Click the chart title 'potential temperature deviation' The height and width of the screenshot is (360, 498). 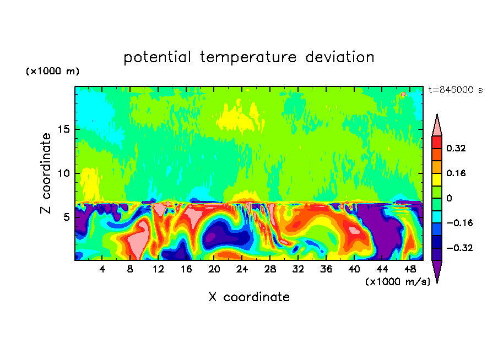tap(249, 57)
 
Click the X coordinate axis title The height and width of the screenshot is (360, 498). tap(249, 297)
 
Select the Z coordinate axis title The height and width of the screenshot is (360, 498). tap(47, 173)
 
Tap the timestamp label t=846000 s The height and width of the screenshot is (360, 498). tap(455, 90)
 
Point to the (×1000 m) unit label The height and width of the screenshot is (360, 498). tap(52, 72)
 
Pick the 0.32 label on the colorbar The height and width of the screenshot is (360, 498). tap(457, 148)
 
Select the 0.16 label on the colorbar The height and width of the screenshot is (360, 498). tap(457, 173)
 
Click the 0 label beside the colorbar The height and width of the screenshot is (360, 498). tap(450, 198)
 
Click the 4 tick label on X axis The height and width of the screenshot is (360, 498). tap(102, 270)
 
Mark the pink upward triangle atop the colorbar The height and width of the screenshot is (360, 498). tap(437, 127)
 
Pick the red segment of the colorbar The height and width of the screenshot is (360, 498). tap(437, 142)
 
